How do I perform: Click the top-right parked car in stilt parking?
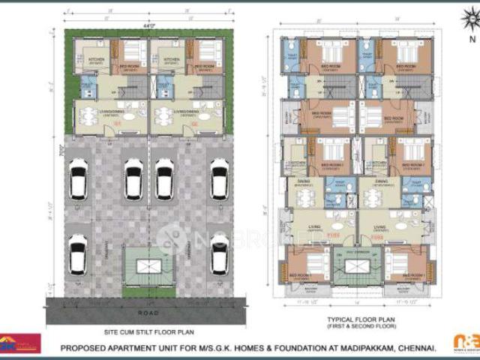tap(219, 179)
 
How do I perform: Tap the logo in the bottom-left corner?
tap(19, 343)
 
